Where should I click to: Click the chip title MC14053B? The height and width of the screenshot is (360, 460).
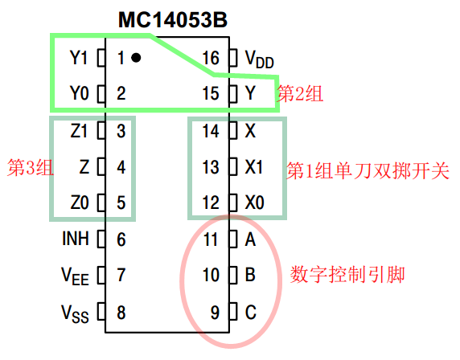172,20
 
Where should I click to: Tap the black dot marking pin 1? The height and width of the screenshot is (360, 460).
136,58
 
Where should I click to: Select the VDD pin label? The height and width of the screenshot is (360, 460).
259,59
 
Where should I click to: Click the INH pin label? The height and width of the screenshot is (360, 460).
76,239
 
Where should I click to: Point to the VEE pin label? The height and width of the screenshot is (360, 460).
75,276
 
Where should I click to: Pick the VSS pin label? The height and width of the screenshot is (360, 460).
75,313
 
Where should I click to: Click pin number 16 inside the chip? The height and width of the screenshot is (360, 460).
211,58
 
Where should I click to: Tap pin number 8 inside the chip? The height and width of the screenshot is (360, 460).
121,313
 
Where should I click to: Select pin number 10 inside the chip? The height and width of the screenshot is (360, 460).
211,275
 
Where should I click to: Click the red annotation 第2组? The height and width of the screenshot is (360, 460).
300,94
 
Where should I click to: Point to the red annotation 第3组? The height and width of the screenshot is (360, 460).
31,168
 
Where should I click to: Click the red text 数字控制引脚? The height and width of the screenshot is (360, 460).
347,275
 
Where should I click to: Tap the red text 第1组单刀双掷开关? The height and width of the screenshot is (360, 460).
368,170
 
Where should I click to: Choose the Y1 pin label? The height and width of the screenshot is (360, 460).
78,58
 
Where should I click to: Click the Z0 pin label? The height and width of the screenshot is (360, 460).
80,202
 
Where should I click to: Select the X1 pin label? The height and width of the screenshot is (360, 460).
254,167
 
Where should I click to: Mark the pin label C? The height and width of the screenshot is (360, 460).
251,313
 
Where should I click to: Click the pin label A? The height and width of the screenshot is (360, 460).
250,239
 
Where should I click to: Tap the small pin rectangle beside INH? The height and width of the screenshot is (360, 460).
101,239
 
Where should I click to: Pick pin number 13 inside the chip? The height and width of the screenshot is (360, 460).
211,167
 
